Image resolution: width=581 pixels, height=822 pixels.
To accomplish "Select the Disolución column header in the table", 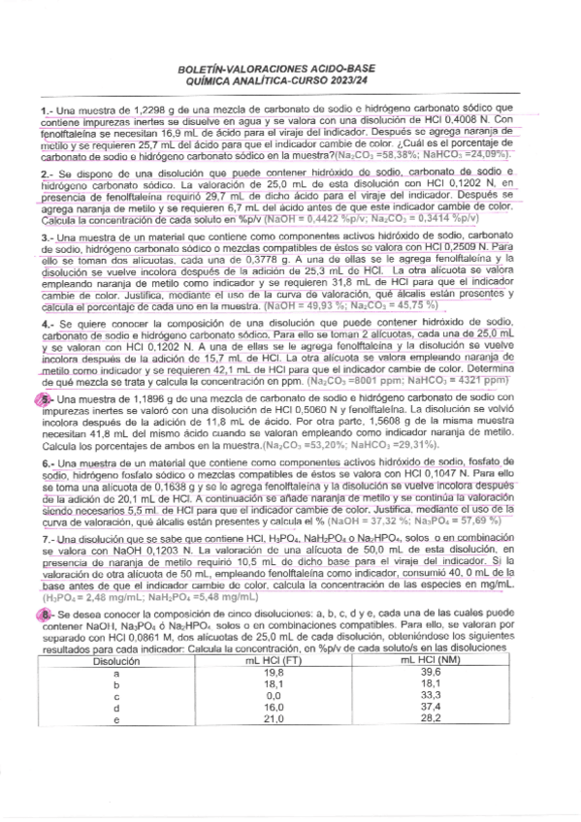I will pos(116,659).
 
